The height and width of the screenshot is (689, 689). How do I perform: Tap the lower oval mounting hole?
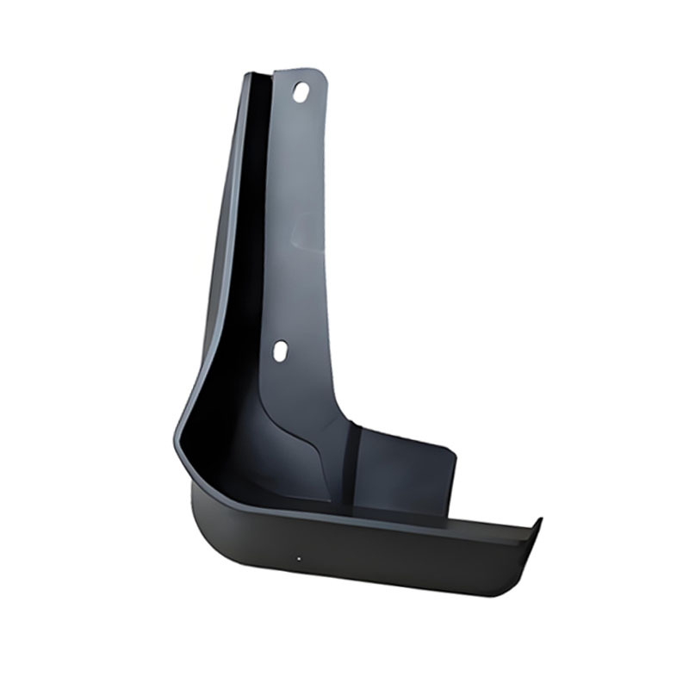(280, 351)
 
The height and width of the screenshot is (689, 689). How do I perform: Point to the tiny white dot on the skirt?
(299, 558)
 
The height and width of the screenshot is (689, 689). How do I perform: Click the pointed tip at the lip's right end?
(540, 518)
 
